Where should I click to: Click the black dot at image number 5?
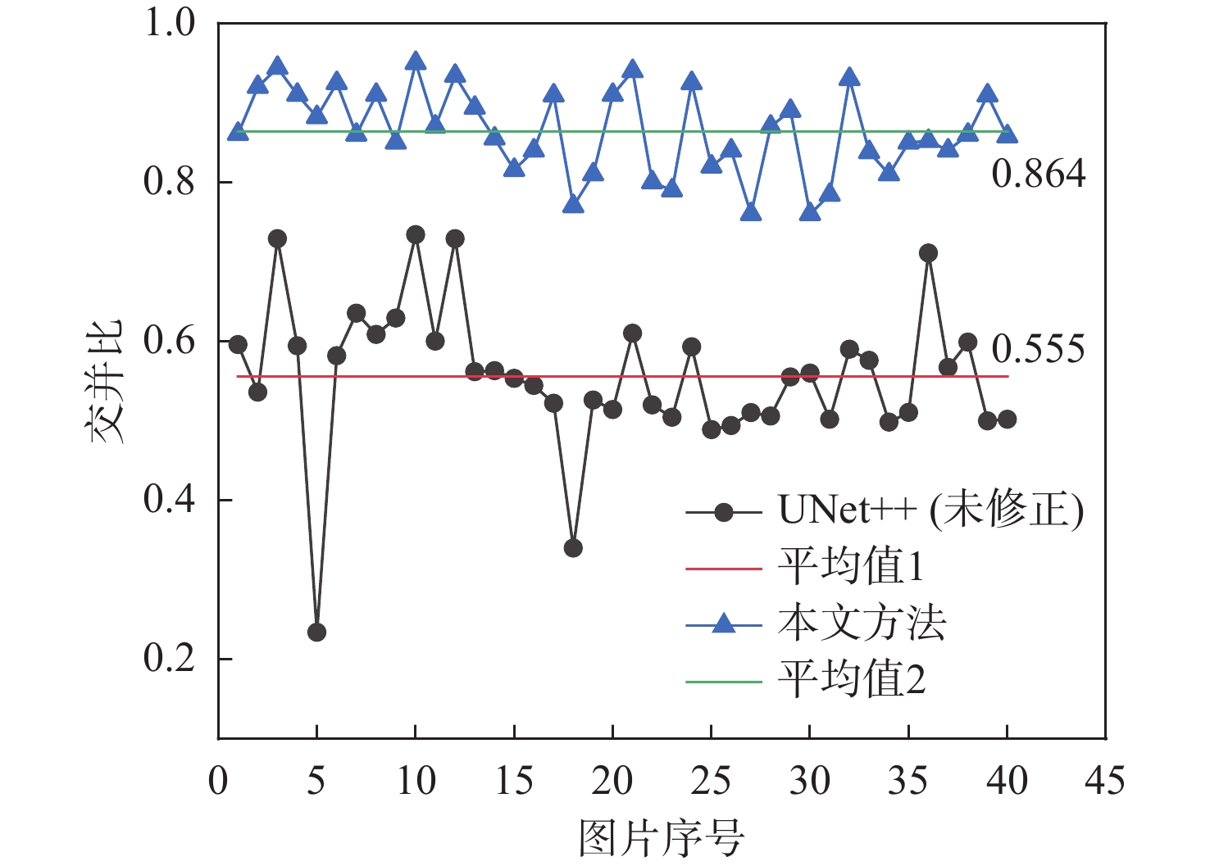tap(316, 632)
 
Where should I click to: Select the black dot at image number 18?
tap(573, 548)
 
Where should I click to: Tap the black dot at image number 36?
tap(928, 253)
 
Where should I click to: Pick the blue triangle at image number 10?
tap(416, 62)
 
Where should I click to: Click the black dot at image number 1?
tap(238, 344)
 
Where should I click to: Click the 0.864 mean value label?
tap(1039, 174)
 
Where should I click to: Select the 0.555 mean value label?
tap(1039, 349)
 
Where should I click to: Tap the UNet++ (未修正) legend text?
tap(930, 510)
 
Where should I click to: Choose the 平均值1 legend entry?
tap(851, 566)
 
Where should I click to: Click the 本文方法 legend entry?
tap(862, 623)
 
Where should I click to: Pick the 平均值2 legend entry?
tap(852, 679)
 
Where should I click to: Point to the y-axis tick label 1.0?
tap(170, 23)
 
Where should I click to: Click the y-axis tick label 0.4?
tap(170, 500)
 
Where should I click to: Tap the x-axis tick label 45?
tap(1105, 781)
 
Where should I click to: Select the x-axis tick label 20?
tap(612, 781)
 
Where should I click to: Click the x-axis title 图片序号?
tap(661, 838)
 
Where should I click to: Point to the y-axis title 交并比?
tap(107, 381)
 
